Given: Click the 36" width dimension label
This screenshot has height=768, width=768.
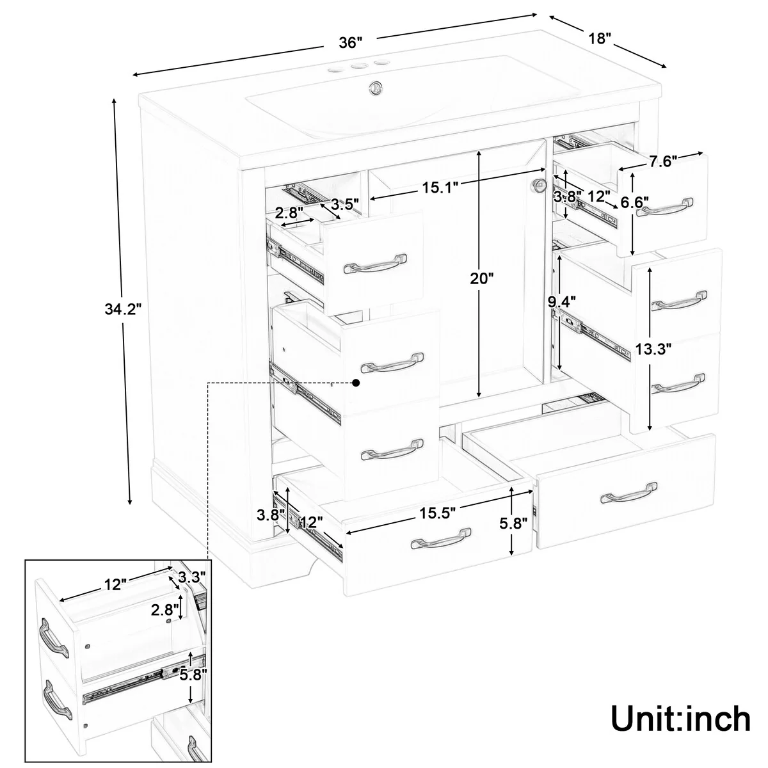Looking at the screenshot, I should click(x=351, y=43).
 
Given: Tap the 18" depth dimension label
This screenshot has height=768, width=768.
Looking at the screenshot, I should click(x=600, y=38).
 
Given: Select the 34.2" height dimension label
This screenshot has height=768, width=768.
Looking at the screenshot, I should click(x=123, y=309).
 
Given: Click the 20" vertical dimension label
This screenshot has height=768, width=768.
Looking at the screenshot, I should click(x=481, y=278).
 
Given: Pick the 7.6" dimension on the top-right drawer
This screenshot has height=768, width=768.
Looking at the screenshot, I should click(x=663, y=162).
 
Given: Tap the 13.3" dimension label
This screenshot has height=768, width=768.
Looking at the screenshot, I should click(x=653, y=349).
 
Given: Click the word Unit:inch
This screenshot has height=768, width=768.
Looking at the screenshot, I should click(x=680, y=719).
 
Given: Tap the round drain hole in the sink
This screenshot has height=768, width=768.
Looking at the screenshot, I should click(x=375, y=87).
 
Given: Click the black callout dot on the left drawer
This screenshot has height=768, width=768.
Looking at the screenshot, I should click(x=356, y=382).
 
